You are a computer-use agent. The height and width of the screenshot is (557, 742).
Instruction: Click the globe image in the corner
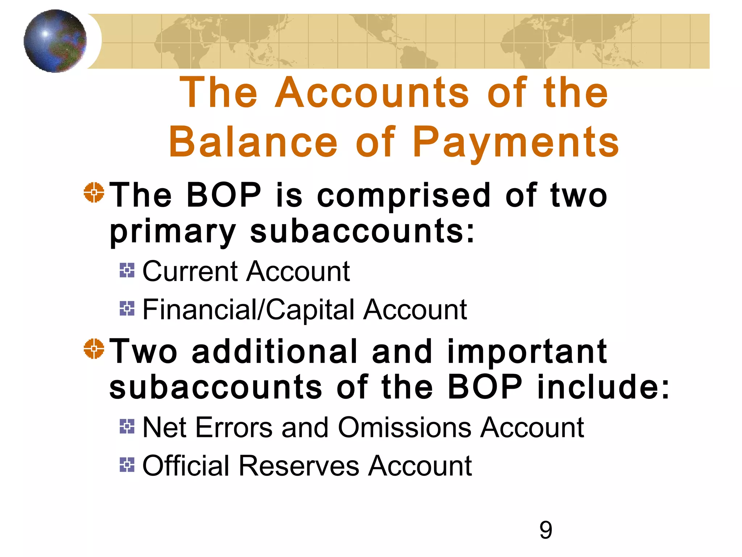coord(55,41)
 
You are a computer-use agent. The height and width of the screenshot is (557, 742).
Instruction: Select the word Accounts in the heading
coord(372,93)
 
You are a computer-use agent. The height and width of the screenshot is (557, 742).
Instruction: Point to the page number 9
coord(546,530)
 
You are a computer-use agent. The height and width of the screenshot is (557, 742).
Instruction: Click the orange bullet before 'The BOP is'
coord(94,192)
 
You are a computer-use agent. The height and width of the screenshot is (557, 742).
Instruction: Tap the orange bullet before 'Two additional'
coord(94,348)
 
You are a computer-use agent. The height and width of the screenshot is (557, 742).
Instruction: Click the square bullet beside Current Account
coord(127,270)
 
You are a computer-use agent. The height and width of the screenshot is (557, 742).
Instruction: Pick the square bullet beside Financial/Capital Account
coord(127,308)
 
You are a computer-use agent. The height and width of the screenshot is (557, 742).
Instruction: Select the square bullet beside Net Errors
coord(127,426)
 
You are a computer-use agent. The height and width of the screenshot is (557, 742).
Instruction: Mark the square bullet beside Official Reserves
coord(127,465)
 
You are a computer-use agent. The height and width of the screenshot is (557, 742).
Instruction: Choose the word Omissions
coord(405,428)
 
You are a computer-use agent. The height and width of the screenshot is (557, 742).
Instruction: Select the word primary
coord(173,233)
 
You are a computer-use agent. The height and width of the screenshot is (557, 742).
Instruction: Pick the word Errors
coord(234,428)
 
